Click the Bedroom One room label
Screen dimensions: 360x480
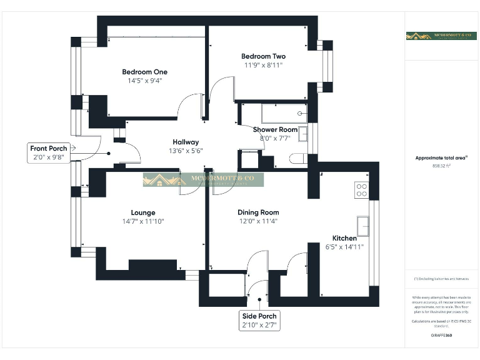click(x=144, y=72)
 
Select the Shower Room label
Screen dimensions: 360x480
click(x=275, y=129)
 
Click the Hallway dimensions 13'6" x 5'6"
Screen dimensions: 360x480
click(x=186, y=150)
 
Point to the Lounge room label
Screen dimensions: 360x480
click(x=143, y=212)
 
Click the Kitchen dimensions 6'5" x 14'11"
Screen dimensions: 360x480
click(x=344, y=247)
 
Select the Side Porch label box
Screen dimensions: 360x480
click(x=259, y=321)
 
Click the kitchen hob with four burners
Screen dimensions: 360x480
click(x=361, y=189)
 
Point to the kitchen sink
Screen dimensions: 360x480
click(x=362, y=224)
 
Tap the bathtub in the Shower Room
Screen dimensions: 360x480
click(x=275, y=114)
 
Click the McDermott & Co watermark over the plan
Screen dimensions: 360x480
click(x=203, y=180)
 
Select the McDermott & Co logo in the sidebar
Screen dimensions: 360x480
click(x=441, y=36)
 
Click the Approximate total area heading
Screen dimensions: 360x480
click(x=441, y=158)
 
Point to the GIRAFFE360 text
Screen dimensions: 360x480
click(x=441, y=336)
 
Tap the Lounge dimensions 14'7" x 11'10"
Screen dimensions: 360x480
click(x=143, y=221)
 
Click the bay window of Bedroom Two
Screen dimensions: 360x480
click(x=326, y=66)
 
